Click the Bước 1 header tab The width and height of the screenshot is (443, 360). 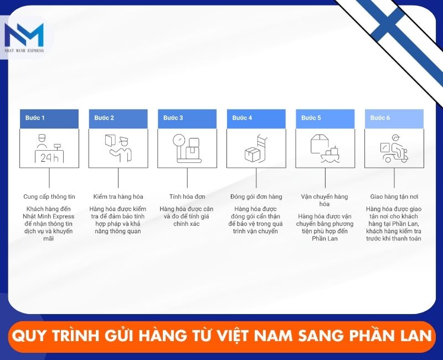49,119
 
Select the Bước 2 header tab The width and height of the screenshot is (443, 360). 118,119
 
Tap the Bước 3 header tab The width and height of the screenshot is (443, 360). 187,119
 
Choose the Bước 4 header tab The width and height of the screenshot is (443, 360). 256,119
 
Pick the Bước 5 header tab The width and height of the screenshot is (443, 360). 325,119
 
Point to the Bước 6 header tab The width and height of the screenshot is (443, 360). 394,119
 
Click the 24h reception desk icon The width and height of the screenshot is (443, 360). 49,148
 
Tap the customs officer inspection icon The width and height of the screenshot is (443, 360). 118,148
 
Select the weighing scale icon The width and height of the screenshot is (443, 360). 187,148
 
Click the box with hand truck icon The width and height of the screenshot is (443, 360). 256,148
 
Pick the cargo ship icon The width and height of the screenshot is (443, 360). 325,148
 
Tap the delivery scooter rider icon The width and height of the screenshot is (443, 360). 394,148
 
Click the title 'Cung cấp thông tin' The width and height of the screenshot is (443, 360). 49,197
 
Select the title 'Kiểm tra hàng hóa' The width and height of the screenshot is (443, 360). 118,197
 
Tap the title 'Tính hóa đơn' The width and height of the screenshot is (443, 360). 187,197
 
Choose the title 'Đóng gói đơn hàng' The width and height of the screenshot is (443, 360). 256,197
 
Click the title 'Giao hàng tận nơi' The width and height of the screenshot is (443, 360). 394,197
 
